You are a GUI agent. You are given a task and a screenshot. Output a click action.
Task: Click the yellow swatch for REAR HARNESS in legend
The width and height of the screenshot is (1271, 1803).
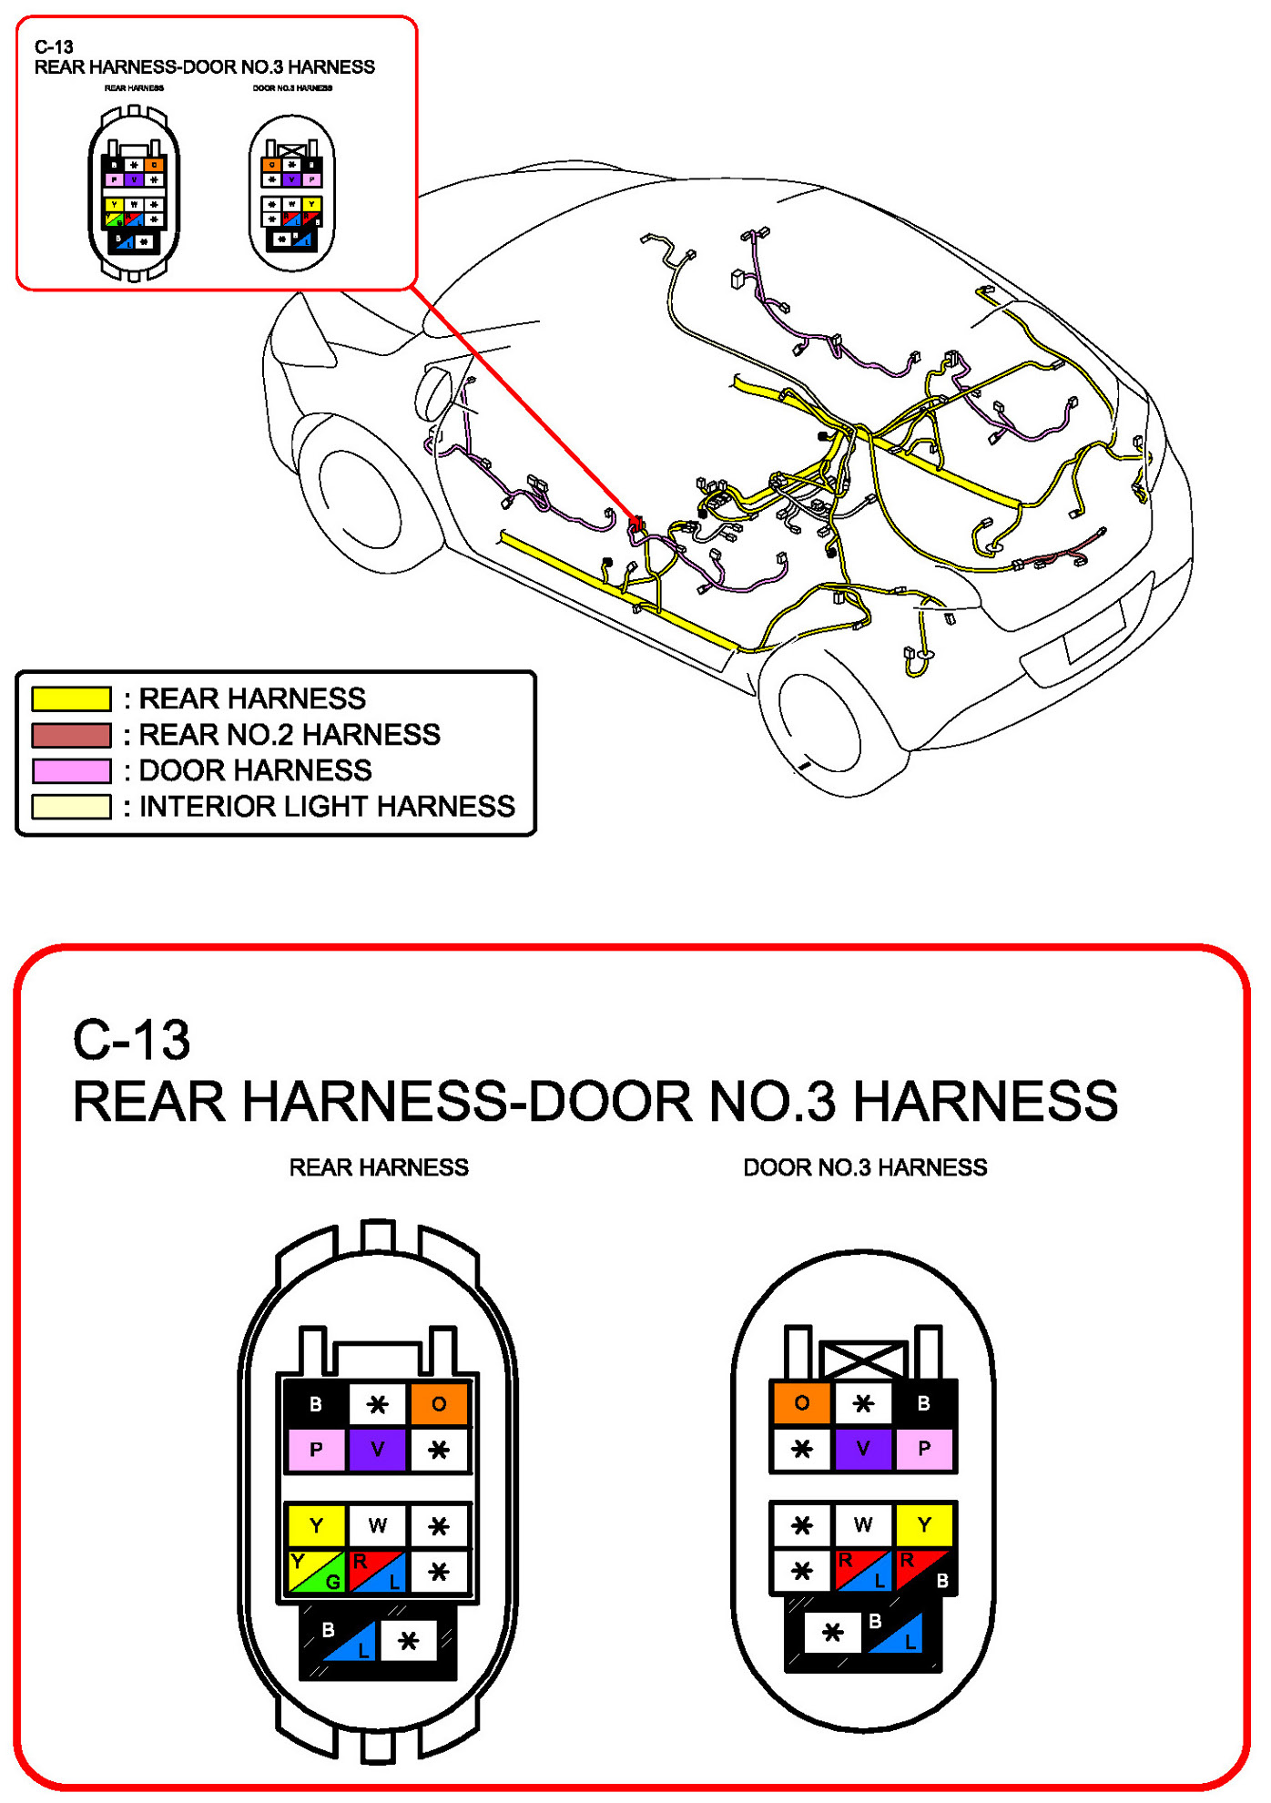coord(71,698)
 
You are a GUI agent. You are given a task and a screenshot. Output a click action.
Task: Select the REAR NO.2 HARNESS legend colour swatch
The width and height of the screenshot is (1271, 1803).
coord(71,735)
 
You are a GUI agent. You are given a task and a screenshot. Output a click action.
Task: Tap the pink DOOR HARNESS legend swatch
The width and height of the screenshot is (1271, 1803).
coord(71,770)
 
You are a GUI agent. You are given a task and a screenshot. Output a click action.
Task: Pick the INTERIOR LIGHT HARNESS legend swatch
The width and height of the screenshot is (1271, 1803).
coord(71,807)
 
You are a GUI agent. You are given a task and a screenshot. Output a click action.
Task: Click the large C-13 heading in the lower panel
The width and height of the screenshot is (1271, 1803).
coord(132,1039)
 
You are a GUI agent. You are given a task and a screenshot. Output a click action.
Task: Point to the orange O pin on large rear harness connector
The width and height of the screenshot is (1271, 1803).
coord(439,1403)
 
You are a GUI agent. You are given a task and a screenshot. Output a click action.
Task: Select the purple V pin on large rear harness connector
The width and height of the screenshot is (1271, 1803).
coord(377,1449)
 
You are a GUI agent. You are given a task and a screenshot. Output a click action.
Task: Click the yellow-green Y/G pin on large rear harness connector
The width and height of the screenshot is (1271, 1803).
coord(316,1571)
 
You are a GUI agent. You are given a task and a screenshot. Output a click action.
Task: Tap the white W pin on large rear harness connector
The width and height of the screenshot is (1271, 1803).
coord(377,1525)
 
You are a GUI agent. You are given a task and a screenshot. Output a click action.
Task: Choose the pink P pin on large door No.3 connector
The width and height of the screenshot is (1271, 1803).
coord(923,1448)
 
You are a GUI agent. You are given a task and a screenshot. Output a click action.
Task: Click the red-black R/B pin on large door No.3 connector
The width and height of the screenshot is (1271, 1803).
coord(923,1570)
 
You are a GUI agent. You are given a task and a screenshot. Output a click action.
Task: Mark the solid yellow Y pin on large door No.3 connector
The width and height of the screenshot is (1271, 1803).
coord(923,1524)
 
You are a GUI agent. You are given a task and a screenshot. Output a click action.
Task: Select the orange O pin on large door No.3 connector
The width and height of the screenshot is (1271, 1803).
coord(801,1402)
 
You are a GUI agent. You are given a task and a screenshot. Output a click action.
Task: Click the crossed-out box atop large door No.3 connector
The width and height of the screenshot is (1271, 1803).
coord(863,1360)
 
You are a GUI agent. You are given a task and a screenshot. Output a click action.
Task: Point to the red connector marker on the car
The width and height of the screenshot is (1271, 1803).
coord(637,524)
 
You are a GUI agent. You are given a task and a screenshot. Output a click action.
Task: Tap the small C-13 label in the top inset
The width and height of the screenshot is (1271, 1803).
coord(54,46)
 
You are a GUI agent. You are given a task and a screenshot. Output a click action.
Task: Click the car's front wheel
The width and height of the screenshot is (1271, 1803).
coord(359,500)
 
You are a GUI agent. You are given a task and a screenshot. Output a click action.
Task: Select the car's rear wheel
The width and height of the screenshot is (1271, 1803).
coord(819,724)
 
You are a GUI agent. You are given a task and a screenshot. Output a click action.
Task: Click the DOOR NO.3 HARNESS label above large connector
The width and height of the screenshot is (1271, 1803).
coord(865,1167)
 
